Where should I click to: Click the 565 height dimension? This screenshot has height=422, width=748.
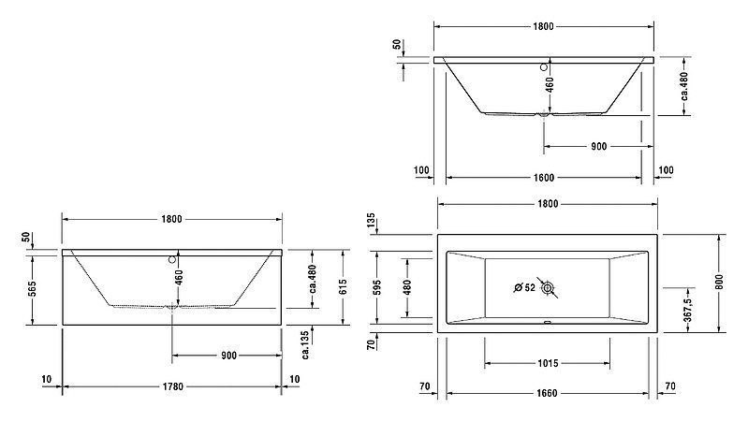32,289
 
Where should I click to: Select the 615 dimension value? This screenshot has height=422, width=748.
343,287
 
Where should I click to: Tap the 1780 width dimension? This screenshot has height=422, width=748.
172,386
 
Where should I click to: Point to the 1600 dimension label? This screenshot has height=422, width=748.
543,178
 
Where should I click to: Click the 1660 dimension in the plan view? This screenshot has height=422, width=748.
547,393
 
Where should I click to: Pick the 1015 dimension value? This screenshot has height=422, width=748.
548,363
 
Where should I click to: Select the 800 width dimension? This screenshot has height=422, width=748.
719,283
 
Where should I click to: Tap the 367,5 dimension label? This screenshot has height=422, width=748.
688,310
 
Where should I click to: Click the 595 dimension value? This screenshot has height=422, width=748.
377,287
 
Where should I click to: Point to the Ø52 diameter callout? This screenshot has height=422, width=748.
524,287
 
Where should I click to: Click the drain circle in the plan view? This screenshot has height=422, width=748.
547,287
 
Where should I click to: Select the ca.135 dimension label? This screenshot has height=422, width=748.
306,344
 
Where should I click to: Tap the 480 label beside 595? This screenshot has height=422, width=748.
407,287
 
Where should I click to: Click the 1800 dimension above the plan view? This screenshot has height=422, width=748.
548,204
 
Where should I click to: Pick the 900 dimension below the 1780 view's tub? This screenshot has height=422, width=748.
228,356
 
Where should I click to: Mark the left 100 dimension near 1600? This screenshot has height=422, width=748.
421,169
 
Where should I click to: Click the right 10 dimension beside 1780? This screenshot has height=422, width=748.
295,379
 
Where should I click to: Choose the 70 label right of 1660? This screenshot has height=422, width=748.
670,386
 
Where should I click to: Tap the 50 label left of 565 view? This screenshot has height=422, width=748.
26,237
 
